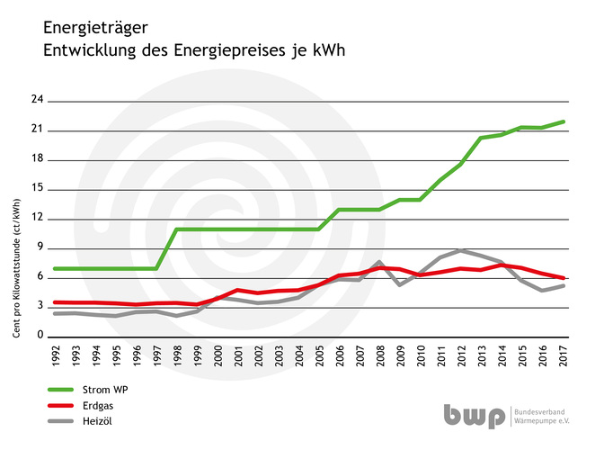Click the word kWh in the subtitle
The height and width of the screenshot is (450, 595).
point(330,50)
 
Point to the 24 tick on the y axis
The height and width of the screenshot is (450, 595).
point(37,100)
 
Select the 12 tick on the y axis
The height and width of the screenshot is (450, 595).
point(37,218)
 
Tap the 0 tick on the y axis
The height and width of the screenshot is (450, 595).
point(40,335)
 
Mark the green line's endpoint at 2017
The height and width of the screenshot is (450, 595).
point(563,121)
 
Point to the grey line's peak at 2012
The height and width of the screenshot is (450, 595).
point(461,250)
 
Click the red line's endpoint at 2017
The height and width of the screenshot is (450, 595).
point(563,277)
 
